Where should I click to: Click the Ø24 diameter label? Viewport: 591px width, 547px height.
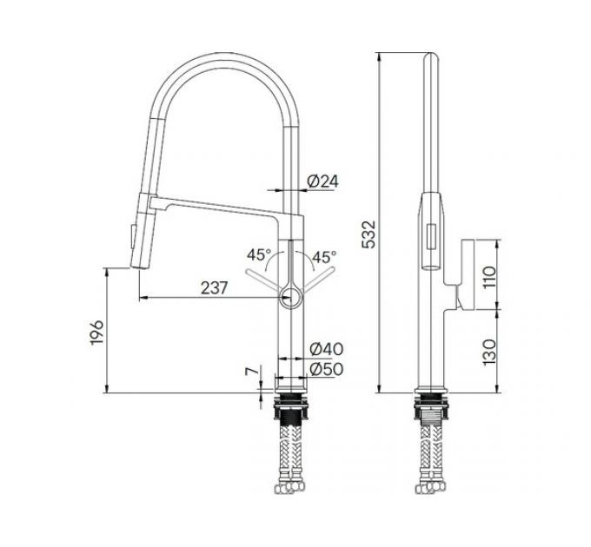[x=322, y=181]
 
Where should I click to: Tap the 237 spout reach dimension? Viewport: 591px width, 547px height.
[x=216, y=288]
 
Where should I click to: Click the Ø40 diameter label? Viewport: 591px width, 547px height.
[x=327, y=349]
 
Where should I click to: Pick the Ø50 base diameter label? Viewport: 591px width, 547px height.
[x=327, y=369]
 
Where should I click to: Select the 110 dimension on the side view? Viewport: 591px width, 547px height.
[x=488, y=276]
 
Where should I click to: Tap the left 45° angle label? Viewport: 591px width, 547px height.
[x=258, y=256]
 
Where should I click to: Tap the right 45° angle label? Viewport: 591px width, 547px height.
[x=324, y=257]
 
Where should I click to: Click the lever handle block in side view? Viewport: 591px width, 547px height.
[x=463, y=274]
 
